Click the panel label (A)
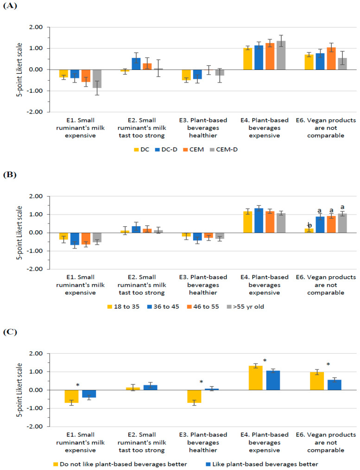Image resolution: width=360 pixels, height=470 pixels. [10, 6]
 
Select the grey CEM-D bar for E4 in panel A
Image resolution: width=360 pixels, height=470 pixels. [281, 55]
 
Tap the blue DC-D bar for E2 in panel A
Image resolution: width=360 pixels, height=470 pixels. [136, 64]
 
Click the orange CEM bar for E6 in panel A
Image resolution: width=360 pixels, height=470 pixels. [331, 58]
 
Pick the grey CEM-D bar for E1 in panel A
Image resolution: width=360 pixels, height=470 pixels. [97, 78]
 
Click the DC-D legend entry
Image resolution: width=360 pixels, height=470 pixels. [166, 149]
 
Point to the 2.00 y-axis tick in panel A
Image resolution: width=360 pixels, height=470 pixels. [36, 27]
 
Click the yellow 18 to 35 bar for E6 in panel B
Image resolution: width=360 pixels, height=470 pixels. [309, 230]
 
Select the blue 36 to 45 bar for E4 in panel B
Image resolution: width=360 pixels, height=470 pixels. [259, 221]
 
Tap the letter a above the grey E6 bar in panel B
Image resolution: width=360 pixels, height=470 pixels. [342, 207]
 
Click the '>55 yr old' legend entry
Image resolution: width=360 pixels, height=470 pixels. [245, 307]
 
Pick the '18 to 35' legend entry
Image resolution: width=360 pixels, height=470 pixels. [123, 307]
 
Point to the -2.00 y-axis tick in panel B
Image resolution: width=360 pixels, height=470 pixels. [35, 269]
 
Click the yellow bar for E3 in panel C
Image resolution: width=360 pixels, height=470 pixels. [194, 396]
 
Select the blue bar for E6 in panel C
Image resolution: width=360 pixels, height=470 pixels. [334, 385]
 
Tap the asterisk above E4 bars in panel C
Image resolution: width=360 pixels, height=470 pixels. [265, 360]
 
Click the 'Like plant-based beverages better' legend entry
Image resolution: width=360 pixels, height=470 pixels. [262, 464]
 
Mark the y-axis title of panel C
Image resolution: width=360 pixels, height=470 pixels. [19, 390]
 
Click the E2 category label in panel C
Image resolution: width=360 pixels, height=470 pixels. [142, 443]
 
